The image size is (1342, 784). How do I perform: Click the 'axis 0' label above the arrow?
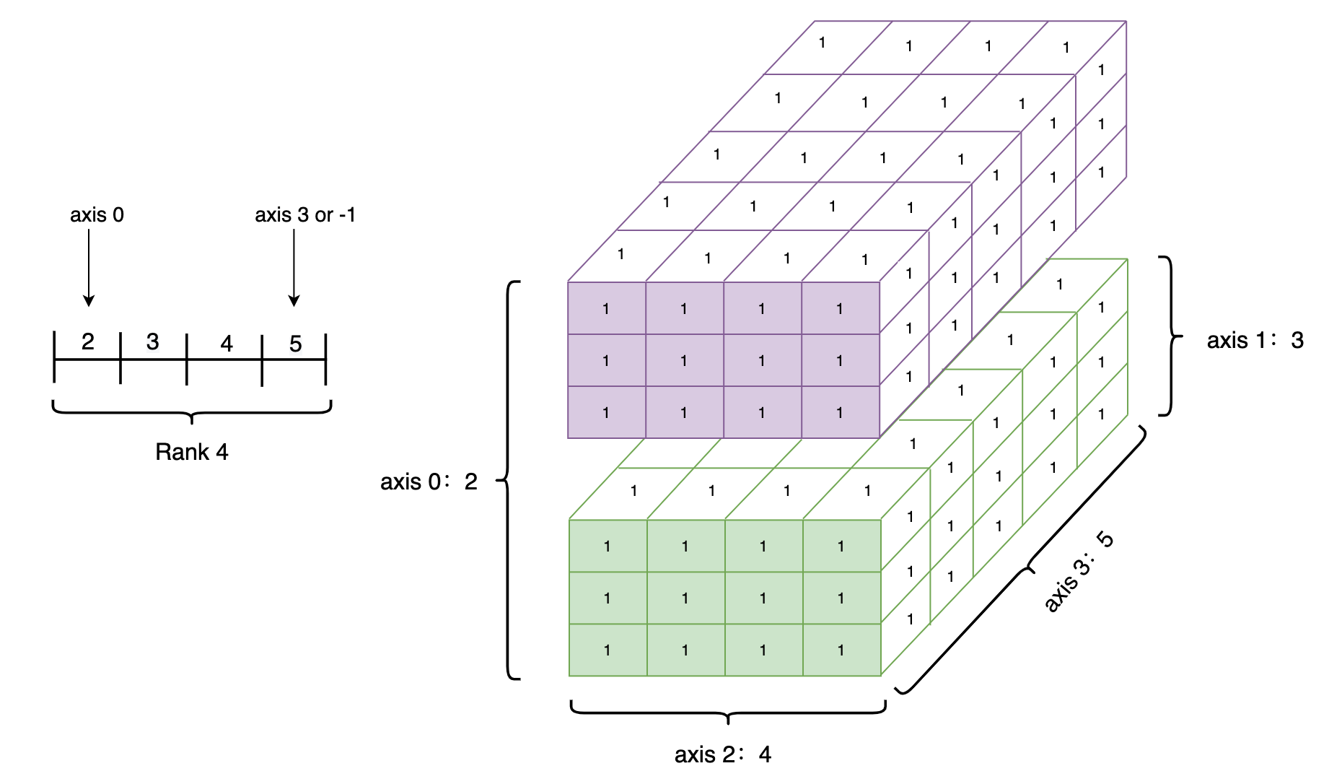pos(97,215)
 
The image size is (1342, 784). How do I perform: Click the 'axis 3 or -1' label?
pos(304,215)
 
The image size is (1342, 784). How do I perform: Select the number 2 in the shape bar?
pos(87,341)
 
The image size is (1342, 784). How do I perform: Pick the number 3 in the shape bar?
pos(152,341)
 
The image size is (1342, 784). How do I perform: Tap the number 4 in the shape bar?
pos(227,344)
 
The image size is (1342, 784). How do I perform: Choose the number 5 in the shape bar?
pos(295,344)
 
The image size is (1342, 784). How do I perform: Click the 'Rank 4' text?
pos(191,452)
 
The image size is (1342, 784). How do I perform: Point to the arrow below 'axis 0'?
pos(89,267)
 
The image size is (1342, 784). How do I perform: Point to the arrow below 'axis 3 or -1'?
pos(294,267)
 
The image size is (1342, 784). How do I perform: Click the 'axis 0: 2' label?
pos(429,482)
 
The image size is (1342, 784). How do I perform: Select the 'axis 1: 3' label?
pos(1255,340)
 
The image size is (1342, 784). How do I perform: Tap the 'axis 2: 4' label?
pos(722,754)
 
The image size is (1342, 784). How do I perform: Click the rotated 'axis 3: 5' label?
pos(1079,572)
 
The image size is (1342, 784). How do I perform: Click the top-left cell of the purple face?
pos(606,308)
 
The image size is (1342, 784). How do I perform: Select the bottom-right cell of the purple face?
pos(840,412)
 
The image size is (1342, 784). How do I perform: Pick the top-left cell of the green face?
pos(608,546)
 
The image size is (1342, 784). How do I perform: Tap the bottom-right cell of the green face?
pos(841,650)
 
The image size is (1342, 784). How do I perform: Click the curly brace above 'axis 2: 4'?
pos(727,711)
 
